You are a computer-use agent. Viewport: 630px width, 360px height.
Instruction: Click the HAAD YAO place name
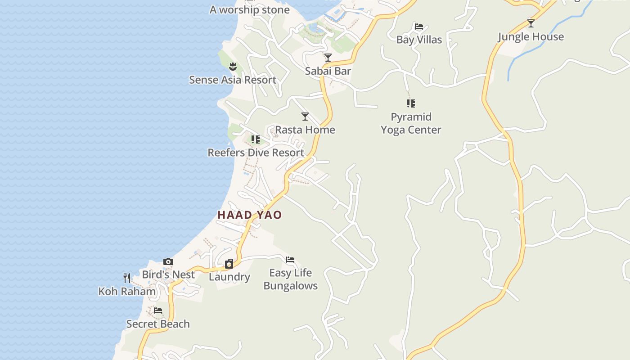pos(250,215)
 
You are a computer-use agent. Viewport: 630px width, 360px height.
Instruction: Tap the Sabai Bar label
pos(328,71)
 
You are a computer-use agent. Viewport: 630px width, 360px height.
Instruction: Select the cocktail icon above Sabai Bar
pos(328,58)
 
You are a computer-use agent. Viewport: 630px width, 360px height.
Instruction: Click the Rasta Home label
pos(305,130)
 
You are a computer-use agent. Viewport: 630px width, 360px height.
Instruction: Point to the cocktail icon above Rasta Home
pos(305,117)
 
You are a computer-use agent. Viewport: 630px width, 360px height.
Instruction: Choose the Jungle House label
pos(531,37)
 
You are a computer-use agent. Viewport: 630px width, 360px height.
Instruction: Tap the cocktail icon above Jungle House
pos(531,23)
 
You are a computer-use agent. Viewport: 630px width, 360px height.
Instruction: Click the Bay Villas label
pos(419,40)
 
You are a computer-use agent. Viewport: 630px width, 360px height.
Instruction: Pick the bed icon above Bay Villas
pos(419,27)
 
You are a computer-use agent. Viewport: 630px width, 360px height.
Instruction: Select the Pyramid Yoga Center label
pos(411,123)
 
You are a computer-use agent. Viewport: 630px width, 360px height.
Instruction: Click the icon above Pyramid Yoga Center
pos(411,103)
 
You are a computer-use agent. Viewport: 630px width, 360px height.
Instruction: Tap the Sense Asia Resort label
pos(233,80)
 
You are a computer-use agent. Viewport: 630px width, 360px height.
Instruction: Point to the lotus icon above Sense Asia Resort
pos(233,67)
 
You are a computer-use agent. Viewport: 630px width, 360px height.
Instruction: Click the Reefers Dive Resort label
pos(256,153)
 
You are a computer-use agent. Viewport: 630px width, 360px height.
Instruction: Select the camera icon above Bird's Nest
pos(168,261)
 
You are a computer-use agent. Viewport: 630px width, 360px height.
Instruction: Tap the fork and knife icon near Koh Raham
pos(127,278)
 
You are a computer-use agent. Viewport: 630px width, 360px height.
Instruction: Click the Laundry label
pos(229,277)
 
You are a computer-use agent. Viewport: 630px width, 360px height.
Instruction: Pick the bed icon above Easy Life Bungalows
pos(290,260)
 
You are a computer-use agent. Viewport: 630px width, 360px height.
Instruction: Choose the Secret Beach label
pos(158,324)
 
